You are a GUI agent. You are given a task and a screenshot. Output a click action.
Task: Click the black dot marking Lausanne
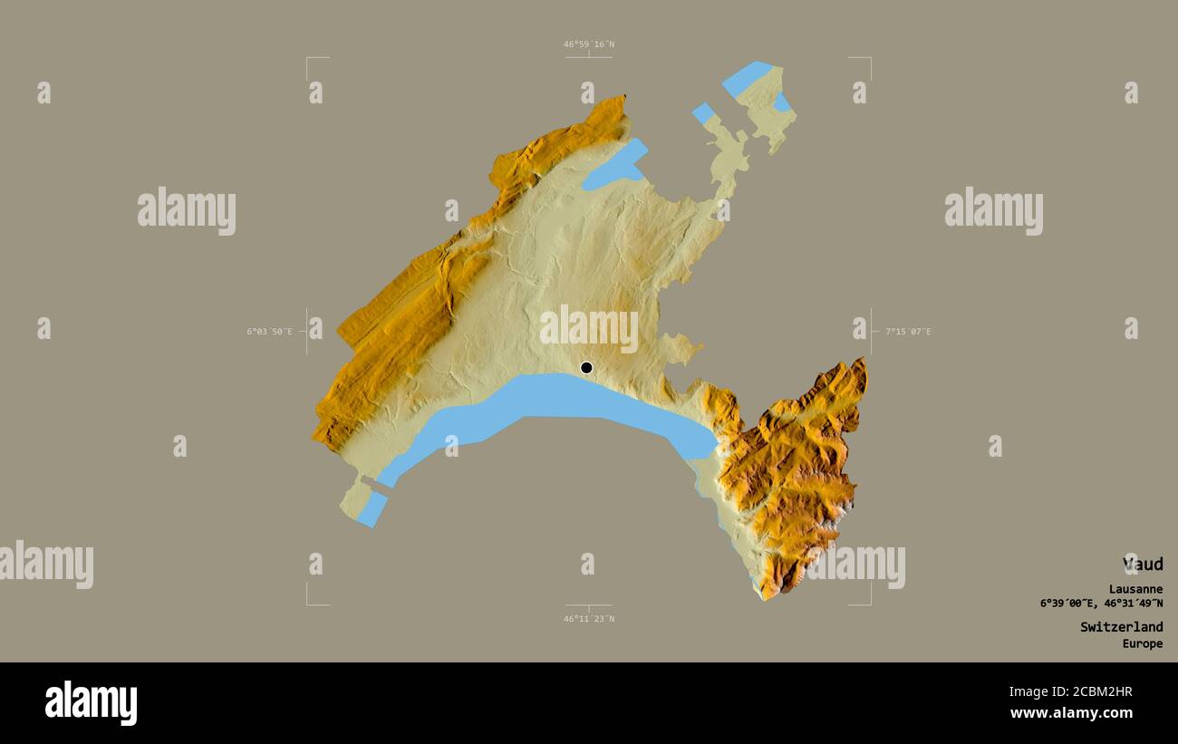click(586, 367)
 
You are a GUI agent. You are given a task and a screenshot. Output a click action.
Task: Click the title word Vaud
click(1143, 564)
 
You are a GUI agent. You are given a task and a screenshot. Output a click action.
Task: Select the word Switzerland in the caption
click(1121, 626)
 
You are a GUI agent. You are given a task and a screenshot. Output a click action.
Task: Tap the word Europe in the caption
click(1142, 643)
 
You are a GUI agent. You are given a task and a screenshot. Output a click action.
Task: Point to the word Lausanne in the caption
click(1135, 589)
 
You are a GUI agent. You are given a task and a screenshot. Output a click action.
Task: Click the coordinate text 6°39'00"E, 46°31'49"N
click(1101, 604)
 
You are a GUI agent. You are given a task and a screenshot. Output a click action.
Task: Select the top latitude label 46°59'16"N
click(589, 43)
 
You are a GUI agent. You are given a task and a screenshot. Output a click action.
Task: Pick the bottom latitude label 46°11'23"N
click(589, 619)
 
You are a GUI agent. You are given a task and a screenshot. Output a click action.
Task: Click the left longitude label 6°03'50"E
click(270, 332)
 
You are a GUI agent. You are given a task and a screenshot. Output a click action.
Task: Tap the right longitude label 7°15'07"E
click(908, 332)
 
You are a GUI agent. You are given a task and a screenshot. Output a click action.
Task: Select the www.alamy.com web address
click(1071, 713)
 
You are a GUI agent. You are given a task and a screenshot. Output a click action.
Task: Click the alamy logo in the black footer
click(91, 703)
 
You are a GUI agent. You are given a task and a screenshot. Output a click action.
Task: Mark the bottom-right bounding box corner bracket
click(868, 603)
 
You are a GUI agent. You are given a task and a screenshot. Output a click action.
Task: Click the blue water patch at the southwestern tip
click(372, 509)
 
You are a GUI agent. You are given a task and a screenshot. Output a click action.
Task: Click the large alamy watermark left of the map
click(187, 210)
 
